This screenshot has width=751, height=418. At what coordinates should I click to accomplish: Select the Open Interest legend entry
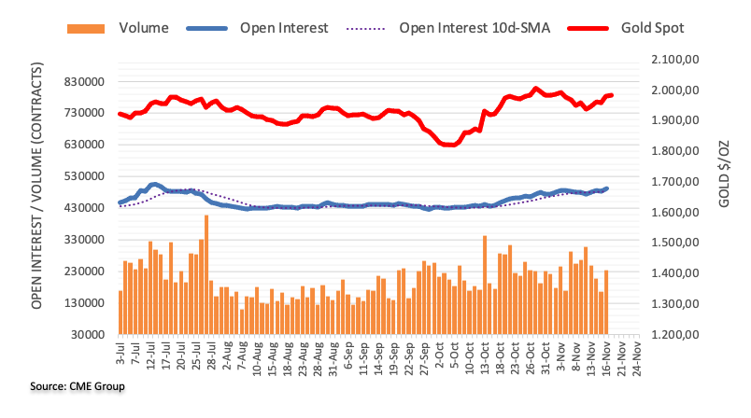click(281, 28)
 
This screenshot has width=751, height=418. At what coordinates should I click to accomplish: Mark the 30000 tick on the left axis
click(84, 334)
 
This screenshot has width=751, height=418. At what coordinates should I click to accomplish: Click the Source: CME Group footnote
click(64, 386)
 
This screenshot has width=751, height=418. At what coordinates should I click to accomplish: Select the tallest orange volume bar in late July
click(205, 274)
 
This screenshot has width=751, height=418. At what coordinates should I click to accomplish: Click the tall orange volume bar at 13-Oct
click(485, 285)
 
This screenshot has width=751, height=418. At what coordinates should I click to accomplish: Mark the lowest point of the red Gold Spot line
click(449, 145)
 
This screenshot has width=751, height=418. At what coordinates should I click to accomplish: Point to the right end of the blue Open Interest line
click(607, 188)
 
